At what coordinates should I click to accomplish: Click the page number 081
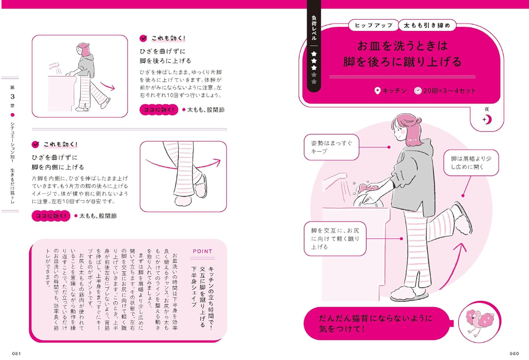coord(17,353)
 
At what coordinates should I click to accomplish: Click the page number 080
coord(514,353)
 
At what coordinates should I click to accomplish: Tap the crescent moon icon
coord(487,119)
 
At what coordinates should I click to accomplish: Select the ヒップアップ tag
coord(373,26)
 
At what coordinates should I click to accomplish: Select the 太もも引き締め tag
coord(427,26)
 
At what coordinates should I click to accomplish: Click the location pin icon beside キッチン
coord(377,91)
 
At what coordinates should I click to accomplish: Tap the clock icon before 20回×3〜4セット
coord(418,91)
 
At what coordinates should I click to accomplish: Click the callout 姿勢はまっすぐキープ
coord(331,147)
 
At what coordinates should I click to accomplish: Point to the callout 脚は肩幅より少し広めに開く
coord(471,163)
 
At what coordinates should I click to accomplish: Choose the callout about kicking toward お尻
coord(335,239)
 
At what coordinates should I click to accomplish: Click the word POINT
coord(202,251)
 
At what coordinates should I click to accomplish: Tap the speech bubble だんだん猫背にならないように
coord(377,323)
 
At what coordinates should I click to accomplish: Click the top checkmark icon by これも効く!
coord(143,38)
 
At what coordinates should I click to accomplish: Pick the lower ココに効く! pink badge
coord(51,216)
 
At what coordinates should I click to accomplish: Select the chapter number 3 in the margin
coord(12,97)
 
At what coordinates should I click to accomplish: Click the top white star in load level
coord(314,53)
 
